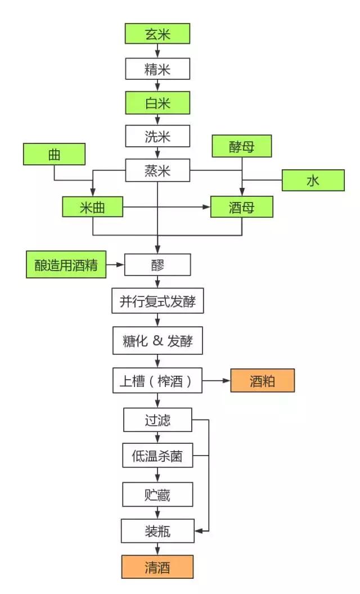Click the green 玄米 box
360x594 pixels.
pos(157,34)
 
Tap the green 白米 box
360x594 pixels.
pos(157,103)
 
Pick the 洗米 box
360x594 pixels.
pos(157,137)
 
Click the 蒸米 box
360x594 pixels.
pos(157,170)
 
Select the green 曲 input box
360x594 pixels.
pos(54,155)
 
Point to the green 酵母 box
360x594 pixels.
pos(242,146)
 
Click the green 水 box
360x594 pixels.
pos(313,181)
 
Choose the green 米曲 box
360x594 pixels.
pos(92,207)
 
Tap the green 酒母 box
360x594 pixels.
pos(242,207)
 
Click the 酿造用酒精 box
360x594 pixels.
pos(66,265)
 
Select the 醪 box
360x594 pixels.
pos(157,265)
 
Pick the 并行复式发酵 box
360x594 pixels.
pos(157,302)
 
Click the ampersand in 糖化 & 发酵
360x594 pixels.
pos(157,342)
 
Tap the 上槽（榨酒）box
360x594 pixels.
pos(157,381)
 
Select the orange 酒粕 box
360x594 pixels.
pos(262,381)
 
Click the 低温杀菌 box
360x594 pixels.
pos(157,456)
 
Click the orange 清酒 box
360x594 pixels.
pos(157,567)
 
